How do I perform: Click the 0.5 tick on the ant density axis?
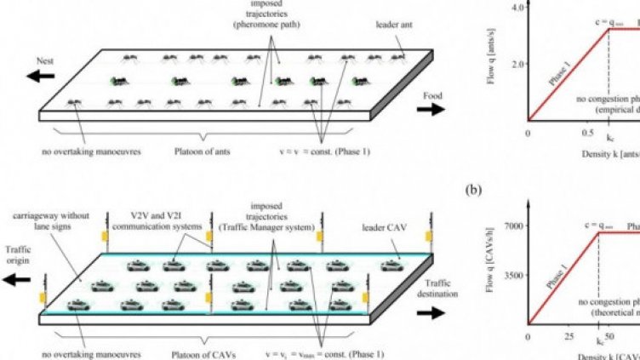coord(588,133)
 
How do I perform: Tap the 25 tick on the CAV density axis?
coord(568,337)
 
